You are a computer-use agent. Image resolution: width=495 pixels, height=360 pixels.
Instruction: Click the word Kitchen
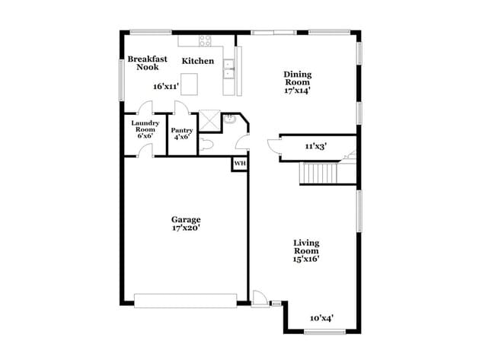click(197, 61)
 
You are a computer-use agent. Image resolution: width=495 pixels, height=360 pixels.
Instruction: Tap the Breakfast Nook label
click(147, 63)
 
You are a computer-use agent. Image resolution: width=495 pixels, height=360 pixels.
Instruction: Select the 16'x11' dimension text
click(167, 87)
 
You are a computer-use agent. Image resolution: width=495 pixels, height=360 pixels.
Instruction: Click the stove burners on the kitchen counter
click(206, 40)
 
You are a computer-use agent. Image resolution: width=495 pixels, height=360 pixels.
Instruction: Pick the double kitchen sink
click(228, 73)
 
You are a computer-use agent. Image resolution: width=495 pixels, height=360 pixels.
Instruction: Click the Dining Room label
click(298, 78)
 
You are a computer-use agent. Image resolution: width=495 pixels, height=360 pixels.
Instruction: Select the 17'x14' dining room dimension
click(298, 91)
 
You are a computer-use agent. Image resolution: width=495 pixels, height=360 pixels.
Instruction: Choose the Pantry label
click(181, 130)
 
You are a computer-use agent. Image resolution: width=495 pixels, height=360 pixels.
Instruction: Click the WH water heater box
click(239, 163)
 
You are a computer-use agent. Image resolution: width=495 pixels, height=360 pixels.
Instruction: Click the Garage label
click(186, 220)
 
